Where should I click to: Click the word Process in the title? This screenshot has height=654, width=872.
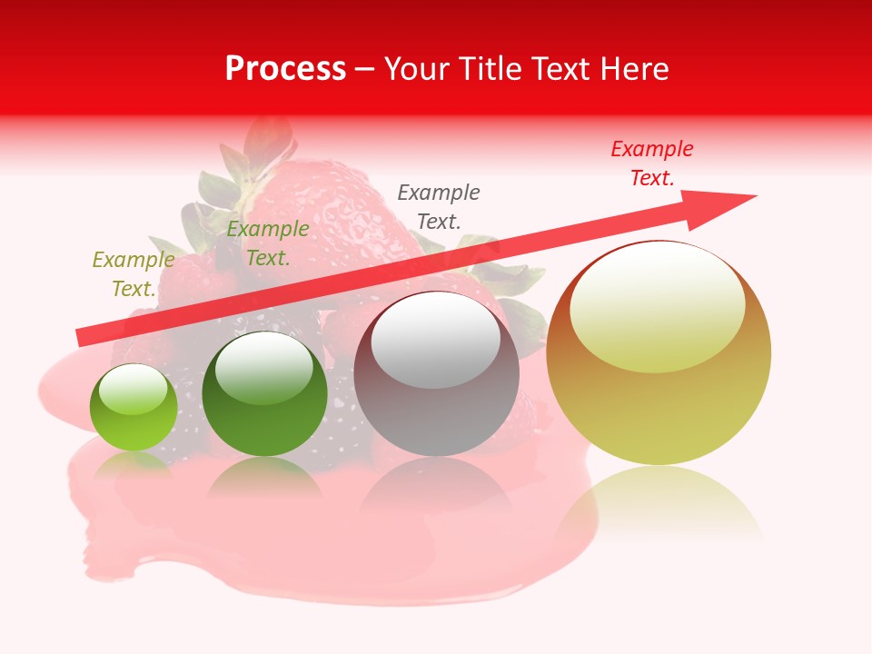(285, 69)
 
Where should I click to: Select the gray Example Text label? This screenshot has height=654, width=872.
(439, 206)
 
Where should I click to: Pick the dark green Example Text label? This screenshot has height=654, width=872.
(268, 243)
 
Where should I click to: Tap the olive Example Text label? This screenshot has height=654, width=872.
(134, 274)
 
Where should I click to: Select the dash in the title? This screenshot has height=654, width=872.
(365, 70)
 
